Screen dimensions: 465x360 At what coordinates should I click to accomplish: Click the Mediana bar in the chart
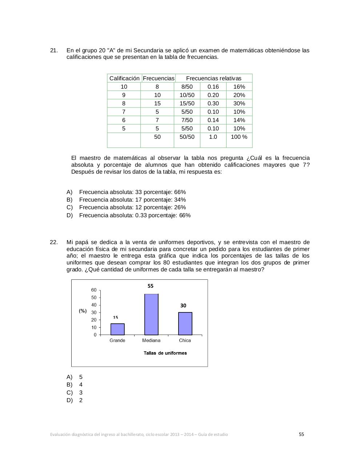pyautogui.click(x=151, y=314)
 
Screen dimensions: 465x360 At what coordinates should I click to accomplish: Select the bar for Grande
pyautogui.click(x=117, y=329)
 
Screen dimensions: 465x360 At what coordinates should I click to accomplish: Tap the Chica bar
pyautogui.click(x=185, y=323)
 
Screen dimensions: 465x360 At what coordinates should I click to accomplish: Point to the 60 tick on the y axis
pyautogui.click(x=94, y=290)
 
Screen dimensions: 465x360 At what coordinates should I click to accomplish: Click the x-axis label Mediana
pyautogui.click(x=151, y=340)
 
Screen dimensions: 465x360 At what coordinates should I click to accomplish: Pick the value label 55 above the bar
pyautogui.click(x=151, y=286)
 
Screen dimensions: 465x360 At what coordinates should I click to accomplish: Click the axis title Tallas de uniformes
pyautogui.click(x=165, y=353)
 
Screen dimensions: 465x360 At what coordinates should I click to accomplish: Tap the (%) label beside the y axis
pyautogui.click(x=83, y=311)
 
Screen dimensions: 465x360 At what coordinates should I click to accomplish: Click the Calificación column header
pyautogui.click(x=124, y=78)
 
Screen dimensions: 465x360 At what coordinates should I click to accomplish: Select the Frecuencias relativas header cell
pyautogui.click(x=213, y=78)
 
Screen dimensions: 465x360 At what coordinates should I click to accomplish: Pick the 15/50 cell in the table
pyautogui.click(x=187, y=103)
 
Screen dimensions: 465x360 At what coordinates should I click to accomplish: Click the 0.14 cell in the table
pyautogui.click(x=213, y=120)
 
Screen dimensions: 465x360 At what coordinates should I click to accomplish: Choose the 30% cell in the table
pyautogui.click(x=239, y=103)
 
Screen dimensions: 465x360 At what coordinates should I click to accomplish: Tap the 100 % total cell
pyautogui.click(x=239, y=137)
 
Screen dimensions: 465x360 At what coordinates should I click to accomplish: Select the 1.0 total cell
pyautogui.click(x=213, y=137)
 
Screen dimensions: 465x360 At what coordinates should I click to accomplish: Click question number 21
pyautogui.click(x=54, y=50)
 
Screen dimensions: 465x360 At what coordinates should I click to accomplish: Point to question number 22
pyautogui.click(x=54, y=242)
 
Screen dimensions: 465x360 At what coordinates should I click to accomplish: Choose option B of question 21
pyautogui.click(x=132, y=200)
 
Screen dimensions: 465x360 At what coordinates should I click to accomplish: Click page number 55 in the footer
pyautogui.click(x=301, y=434)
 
